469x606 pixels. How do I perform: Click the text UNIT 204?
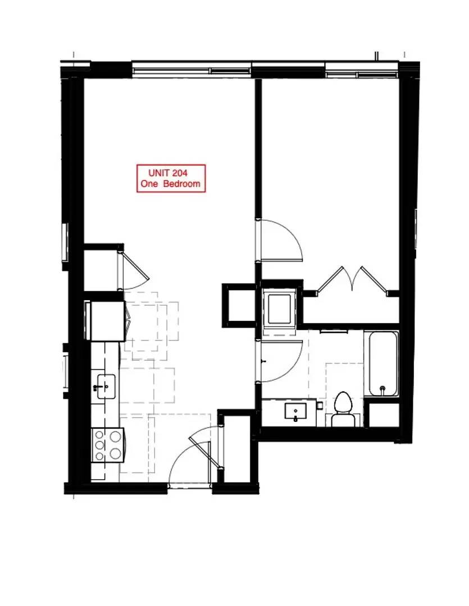tap(168, 172)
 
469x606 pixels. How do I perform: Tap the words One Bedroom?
tap(170, 183)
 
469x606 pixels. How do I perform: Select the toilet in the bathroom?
tap(343, 409)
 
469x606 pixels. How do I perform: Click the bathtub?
tap(383, 363)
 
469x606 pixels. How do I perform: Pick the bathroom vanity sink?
tap(295, 411)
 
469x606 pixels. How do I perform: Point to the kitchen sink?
tap(106, 386)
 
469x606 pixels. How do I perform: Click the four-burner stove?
tap(107, 445)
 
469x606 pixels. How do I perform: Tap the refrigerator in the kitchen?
tap(107, 321)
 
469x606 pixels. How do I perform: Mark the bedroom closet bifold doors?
tap(352, 279)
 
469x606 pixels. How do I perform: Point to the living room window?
tap(192, 71)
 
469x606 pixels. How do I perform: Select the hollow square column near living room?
tap(239, 305)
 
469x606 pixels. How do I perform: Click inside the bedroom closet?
tap(350, 309)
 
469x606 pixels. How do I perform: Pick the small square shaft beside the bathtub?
tap(384, 415)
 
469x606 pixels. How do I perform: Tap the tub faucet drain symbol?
tap(383, 388)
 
